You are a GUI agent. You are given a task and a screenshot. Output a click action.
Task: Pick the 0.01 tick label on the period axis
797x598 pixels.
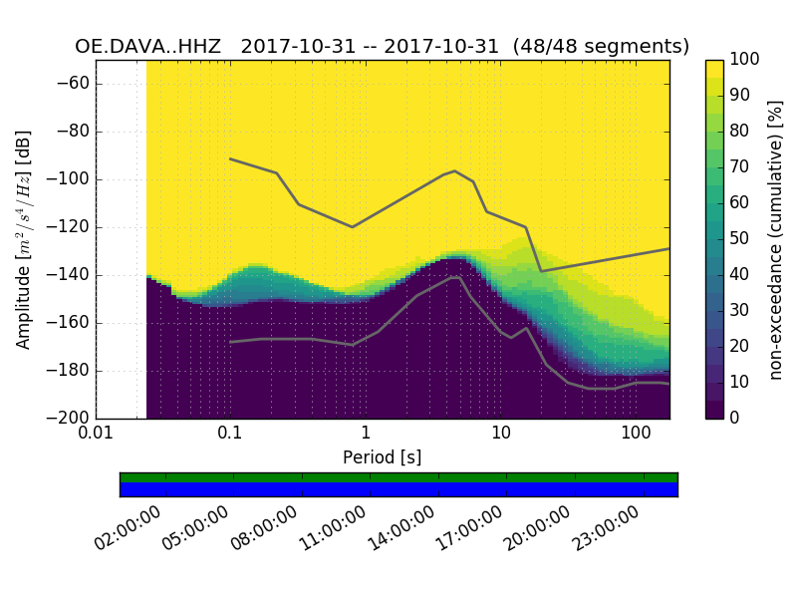point(96,434)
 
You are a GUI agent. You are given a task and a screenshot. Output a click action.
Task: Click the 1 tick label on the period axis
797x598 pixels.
point(366,434)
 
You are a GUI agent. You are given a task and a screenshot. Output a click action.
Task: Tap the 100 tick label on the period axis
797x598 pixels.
point(636,434)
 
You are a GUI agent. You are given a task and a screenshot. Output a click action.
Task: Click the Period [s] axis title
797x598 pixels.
point(383,457)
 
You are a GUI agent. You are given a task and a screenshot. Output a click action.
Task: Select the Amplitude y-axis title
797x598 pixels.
point(24,239)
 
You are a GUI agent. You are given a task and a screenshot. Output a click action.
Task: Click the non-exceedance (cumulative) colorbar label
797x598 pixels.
point(777,239)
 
